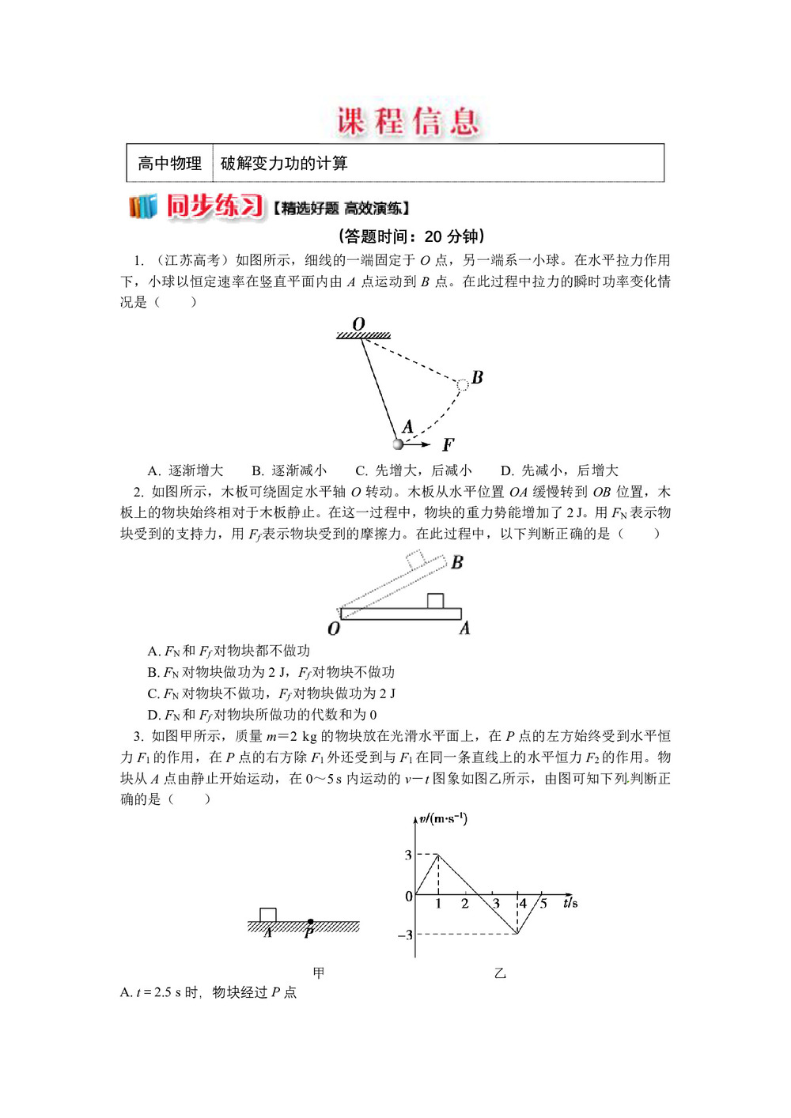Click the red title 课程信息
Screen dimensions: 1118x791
[x=408, y=121]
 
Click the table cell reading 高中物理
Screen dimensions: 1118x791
[x=169, y=164]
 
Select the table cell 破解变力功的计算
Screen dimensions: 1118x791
[x=284, y=164]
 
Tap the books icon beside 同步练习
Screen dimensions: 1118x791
[x=143, y=206]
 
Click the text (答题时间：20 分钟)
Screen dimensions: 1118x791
[x=411, y=236]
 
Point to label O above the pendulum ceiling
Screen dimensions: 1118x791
[x=358, y=324]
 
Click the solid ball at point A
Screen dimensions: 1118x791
[x=398, y=444]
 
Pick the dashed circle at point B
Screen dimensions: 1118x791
[x=463, y=385]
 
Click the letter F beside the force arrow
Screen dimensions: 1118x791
[x=448, y=445]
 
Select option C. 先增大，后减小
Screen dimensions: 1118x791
[x=413, y=470]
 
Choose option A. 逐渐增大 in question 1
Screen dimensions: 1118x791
[x=185, y=470]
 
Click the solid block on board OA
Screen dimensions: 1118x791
[x=434, y=601]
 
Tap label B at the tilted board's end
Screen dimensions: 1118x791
[x=457, y=562]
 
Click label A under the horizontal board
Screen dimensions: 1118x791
[x=464, y=629]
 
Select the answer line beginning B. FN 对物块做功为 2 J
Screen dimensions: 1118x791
[x=271, y=672]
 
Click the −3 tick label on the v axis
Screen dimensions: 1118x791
[x=405, y=935]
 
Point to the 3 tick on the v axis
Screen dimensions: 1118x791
[x=408, y=855]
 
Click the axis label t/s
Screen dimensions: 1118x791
[x=570, y=903]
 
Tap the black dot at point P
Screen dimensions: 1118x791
[x=310, y=922]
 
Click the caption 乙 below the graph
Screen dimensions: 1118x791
[x=500, y=973]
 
